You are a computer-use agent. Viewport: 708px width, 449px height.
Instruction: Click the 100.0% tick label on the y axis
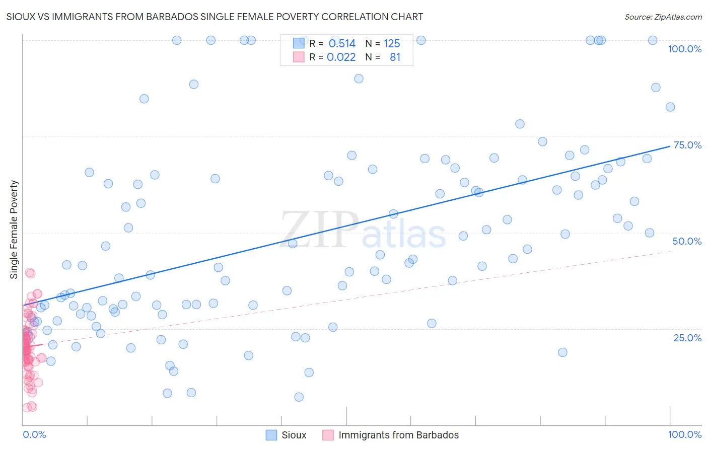pyautogui.click(x=684, y=49)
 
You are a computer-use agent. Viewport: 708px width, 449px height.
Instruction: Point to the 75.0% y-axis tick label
pyautogui.click(x=687, y=145)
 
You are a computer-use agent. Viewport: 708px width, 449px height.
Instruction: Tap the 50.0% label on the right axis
pyautogui.click(x=687, y=241)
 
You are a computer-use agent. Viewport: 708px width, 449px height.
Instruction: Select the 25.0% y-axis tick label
pyautogui.click(x=687, y=338)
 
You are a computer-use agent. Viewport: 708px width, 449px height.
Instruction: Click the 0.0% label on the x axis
pyautogui.click(x=34, y=434)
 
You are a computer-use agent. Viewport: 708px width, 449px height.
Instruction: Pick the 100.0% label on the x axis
pyautogui.click(x=684, y=434)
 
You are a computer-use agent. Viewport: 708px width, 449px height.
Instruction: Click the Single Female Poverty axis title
pyautogui.click(x=14, y=230)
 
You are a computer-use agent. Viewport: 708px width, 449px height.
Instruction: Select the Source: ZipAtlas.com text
pyautogui.click(x=663, y=17)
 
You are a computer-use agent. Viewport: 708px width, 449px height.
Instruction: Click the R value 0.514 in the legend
pyautogui.click(x=342, y=44)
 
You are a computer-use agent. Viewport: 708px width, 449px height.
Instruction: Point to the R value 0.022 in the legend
pyautogui.click(x=341, y=57)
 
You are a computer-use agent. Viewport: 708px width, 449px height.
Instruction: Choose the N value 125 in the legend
pyautogui.click(x=392, y=44)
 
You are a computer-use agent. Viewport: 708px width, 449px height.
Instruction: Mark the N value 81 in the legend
pyautogui.click(x=395, y=57)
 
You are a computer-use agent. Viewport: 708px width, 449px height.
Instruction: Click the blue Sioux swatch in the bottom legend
pyautogui.click(x=271, y=435)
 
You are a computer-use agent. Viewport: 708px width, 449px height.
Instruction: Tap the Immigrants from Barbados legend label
pyautogui.click(x=398, y=435)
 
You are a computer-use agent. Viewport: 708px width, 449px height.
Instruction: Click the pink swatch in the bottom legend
pyautogui.click(x=328, y=435)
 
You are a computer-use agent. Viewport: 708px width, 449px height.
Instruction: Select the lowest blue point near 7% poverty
pyautogui.click(x=299, y=397)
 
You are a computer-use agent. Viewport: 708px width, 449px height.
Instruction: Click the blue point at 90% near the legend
pyautogui.click(x=359, y=79)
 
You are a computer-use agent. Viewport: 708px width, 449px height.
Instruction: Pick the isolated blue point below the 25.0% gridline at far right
pyautogui.click(x=562, y=352)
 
